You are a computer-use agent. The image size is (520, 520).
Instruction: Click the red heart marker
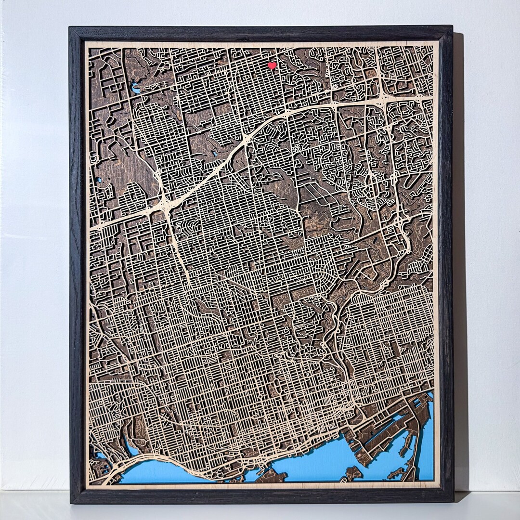(x=272, y=65)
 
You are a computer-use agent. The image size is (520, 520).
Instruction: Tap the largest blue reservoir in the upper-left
(x=136, y=89)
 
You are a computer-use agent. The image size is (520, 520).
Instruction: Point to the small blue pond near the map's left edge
(x=99, y=180)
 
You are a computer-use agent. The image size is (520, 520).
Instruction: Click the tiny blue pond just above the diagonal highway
(x=215, y=153)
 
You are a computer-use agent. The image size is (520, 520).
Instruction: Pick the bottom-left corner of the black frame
(x=71, y=501)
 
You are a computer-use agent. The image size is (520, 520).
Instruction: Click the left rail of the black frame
(x=77, y=265)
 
